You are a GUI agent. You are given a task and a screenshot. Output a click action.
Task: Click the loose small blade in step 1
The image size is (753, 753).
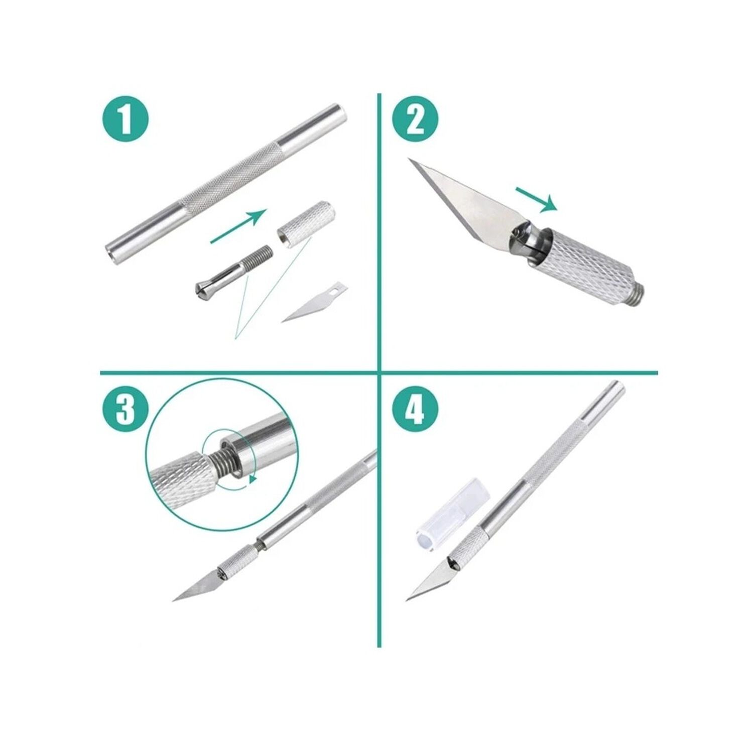[314, 302]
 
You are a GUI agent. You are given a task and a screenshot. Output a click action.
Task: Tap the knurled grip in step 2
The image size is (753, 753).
[587, 266]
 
